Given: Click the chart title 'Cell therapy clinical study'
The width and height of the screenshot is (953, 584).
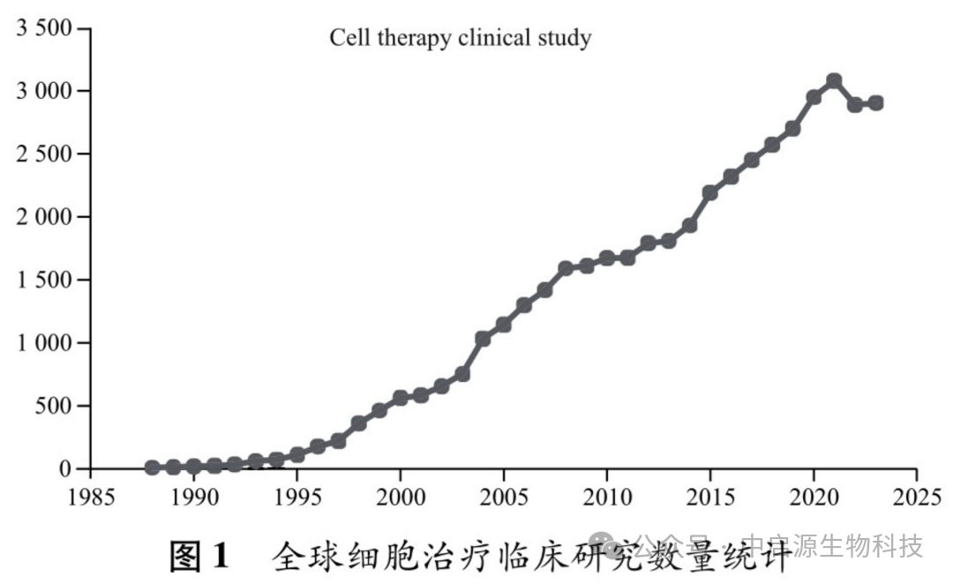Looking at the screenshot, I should click(460, 38).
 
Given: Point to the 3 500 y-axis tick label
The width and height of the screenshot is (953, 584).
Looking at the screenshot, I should click(44, 28).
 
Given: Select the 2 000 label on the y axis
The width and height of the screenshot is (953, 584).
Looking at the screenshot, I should click(44, 217).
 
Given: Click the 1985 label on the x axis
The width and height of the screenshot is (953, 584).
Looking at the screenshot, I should click(92, 496).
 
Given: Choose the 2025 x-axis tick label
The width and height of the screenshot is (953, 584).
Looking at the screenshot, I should click(916, 496).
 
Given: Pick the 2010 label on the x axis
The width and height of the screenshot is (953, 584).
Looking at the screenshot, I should click(607, 496).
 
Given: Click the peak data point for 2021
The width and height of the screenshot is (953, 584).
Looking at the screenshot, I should click(834, 80).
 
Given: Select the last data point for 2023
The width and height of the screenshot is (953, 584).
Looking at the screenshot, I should click(875, 102).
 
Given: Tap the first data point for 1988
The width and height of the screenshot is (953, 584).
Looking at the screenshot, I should click(153, 468).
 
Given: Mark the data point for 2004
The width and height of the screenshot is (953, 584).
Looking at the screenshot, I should click(483, 339).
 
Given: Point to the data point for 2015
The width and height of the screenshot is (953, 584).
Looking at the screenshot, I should click(710, 192).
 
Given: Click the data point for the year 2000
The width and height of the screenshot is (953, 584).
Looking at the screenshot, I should click(400, 398).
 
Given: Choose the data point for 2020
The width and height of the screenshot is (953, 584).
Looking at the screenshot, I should click(814, 97).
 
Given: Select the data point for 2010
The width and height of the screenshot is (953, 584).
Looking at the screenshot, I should click(607, 258).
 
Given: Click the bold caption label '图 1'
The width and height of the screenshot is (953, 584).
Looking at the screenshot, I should click(199, 556).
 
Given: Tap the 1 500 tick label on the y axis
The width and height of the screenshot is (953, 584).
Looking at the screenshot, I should click(44, 280).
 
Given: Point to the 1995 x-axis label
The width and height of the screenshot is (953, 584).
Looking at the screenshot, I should click(297, 496).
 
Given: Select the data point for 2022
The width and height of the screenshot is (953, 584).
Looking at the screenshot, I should click(855, 105).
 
